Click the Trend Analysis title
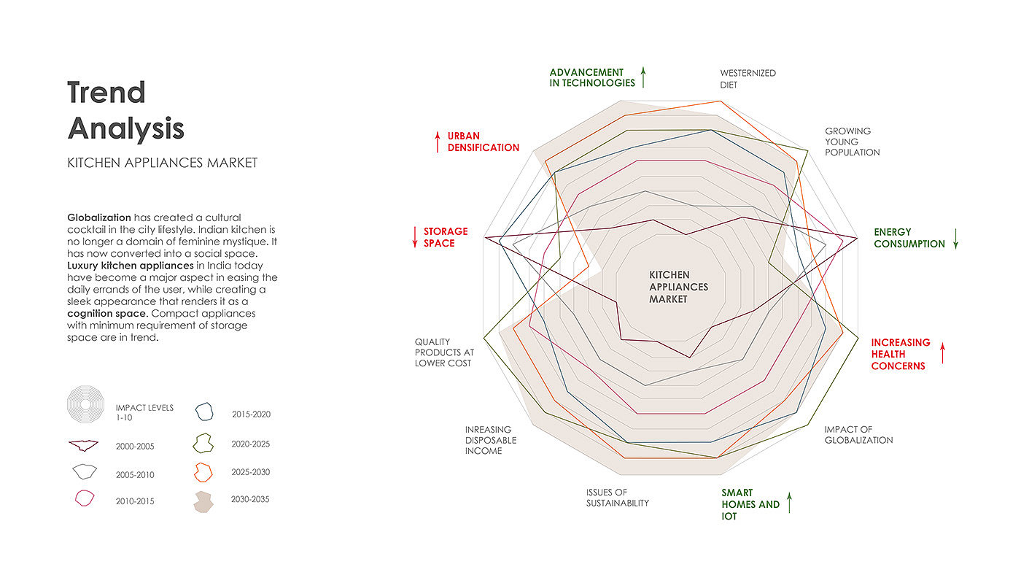tap(125, 110)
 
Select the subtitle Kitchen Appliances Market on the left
tap(162, 163)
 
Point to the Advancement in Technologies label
tap(592, 77)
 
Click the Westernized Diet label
tap(748, 79)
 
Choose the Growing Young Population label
tap(852, 142)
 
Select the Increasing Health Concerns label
tap(901, 354)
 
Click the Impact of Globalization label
tap(858, 435)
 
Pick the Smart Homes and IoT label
tap(750, 504)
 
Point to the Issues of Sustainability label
tap(617, 498)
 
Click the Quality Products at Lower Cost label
tap(444, 352)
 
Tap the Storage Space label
tap(446, 237)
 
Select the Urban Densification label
tap(483, 142)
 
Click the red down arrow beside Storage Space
tap(415, 236)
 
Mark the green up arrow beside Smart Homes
tap(789, 502)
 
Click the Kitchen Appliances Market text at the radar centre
tap(678, 287)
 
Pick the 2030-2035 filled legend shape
tap(203, 501)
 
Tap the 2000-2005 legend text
tap(135, 447)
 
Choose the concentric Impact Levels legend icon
tap(86, 404)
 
